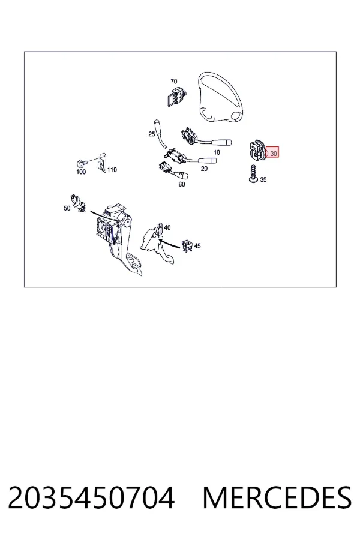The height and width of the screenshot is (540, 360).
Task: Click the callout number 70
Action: [x=173, y=81]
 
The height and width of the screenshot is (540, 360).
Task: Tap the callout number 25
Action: [x=152, y=134]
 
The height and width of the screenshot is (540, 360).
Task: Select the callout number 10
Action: [x=217, y=152]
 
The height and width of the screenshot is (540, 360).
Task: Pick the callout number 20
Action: [x=204, y=169]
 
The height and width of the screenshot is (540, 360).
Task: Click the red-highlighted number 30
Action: [x=274, y=154]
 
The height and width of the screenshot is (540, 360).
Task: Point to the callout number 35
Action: [x=263, y=179]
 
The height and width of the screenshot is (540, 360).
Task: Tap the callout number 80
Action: [x=182, y=184]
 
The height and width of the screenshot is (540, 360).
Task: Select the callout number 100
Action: [x=81, y=172]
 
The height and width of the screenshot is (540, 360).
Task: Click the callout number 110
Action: [x=112, y=169]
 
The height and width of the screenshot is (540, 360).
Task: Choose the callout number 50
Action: [x=67, y=208]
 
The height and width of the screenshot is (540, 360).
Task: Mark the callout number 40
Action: [x=167, y=227]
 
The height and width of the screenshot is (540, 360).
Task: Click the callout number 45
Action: [x=197, y=246]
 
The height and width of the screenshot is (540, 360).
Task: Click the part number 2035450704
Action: [x=91, y=497]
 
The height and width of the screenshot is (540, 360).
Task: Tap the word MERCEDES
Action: [x=277, y=497]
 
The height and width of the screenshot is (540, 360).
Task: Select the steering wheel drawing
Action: [x=219, y=97]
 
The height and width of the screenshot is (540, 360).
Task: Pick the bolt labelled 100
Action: [x=80, y=162]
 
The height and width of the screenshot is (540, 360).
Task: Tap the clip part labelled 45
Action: [x=187, y=245]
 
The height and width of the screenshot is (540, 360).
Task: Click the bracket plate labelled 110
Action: [x=101, y=164]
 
